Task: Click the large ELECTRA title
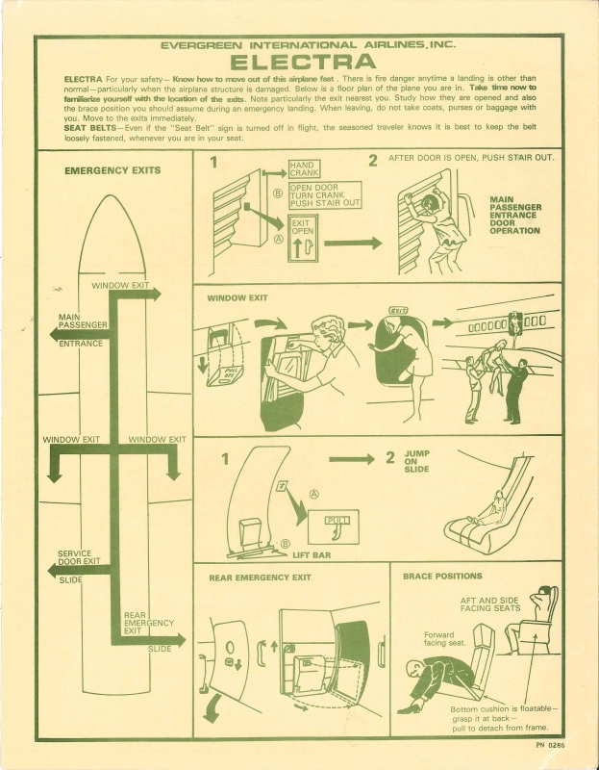303,62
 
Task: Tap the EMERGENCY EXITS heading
112,170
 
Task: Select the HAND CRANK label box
304,169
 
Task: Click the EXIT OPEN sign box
303,238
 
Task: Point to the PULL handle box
333,526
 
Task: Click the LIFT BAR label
312,555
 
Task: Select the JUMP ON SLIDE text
417,461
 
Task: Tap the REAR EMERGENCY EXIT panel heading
260,577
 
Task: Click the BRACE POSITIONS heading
442,576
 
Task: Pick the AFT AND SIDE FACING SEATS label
490,604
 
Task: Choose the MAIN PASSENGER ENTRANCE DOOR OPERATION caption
515,215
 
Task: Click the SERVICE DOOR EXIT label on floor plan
79,557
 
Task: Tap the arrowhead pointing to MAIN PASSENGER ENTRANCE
56,334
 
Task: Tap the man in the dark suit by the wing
516,392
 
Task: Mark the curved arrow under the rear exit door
212,707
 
